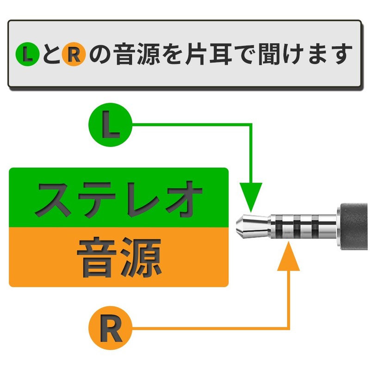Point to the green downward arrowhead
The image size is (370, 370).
[251, 197]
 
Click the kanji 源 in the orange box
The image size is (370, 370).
[142, 257]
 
